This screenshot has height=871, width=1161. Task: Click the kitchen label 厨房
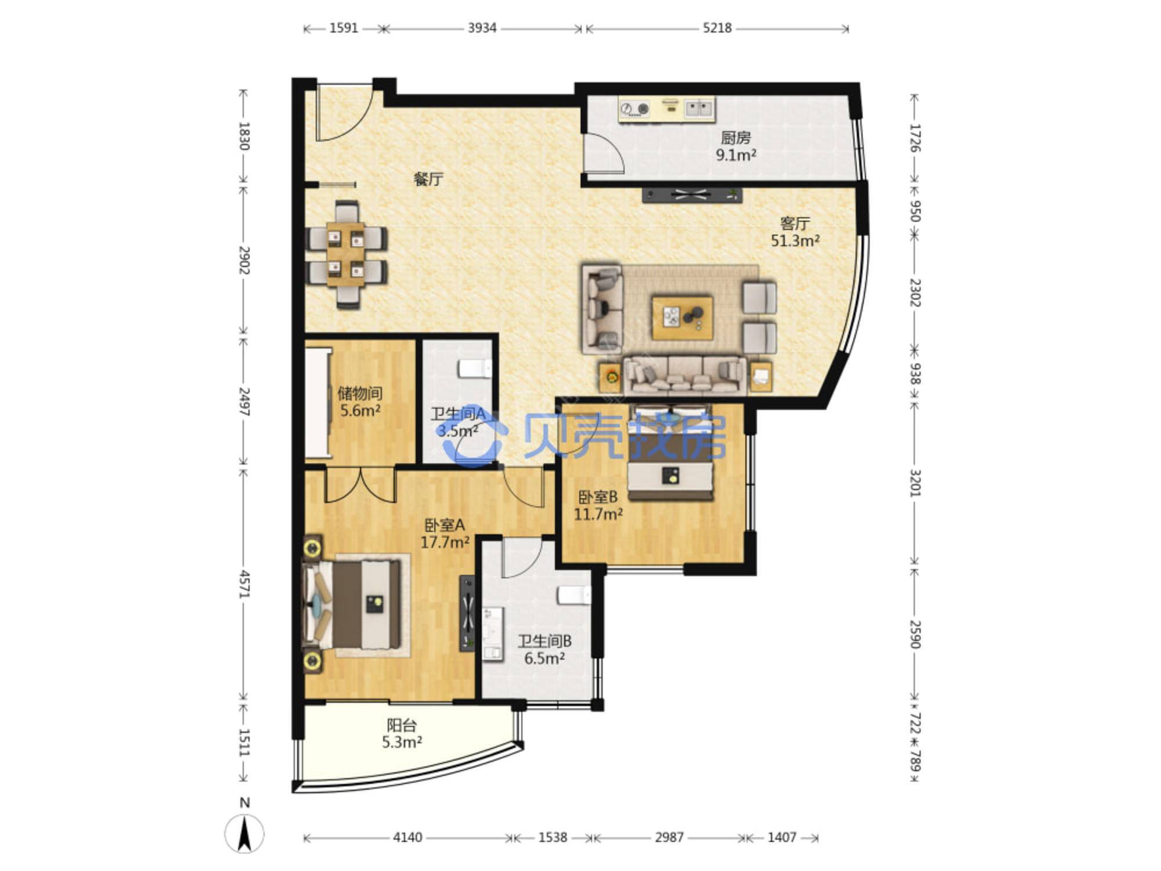tap(735, 138)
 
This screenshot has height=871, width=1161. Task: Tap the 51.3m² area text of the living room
tap(795, 240)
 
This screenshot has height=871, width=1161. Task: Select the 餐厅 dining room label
tap(428, 179)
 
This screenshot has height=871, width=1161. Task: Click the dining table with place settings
tap(346, 254)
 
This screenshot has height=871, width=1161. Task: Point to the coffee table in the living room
tap(682, 317)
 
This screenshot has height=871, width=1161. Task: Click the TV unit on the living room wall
tap(692, 195)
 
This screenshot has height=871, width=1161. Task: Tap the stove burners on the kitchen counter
tap(634, 109)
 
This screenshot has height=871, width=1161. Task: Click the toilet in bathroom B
tap(574, 595)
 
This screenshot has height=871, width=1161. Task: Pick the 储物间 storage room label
tap(360, 393)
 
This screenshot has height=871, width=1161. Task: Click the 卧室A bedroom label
tap(445, 525)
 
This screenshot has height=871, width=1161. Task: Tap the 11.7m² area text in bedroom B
tap(598, 514)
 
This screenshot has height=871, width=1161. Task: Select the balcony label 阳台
tap(402, 725)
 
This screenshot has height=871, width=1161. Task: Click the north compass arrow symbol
tap(244, 833)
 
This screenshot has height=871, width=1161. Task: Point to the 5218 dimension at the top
tap(717, 28)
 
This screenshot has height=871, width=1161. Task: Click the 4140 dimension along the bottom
tap(408, 837)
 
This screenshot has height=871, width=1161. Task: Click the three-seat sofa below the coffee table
tap(685, 376)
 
